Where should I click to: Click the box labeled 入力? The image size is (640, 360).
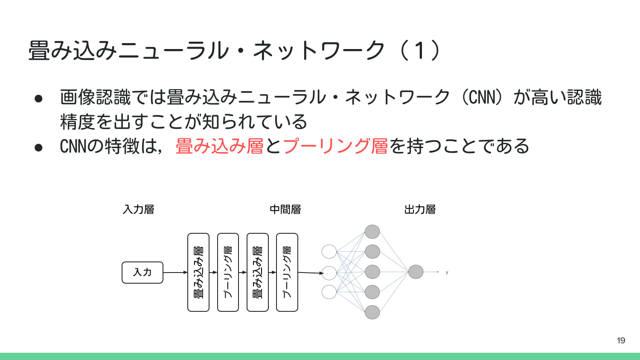(143, 273)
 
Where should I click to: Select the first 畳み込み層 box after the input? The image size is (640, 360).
(198, 272)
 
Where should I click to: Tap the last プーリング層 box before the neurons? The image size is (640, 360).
(287, 272)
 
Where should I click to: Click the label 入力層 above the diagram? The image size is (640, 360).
(138, 209)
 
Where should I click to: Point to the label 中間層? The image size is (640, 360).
(285, 209)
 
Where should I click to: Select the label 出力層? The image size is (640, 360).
(420, 209)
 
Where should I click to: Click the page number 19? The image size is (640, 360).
(621, 340)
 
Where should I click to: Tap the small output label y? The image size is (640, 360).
(447, 272)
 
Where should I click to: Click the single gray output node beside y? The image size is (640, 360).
(416, 272)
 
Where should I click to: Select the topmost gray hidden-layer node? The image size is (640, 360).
(372, 232)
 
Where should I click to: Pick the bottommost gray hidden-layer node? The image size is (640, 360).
(372, 312)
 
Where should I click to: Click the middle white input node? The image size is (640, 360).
(329, 272)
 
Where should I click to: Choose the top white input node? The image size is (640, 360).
(329, 252)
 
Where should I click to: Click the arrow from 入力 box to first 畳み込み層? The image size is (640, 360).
(175, 272)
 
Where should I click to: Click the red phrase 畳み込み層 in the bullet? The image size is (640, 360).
(219, 146)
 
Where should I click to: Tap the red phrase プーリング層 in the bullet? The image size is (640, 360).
(335, 146)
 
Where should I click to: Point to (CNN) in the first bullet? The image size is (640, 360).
(482, 97)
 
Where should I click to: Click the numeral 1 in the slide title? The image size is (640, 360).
(420, 50)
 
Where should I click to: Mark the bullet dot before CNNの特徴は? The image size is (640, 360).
(38, 147)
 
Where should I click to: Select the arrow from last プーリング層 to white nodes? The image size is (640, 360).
(311, 273)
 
